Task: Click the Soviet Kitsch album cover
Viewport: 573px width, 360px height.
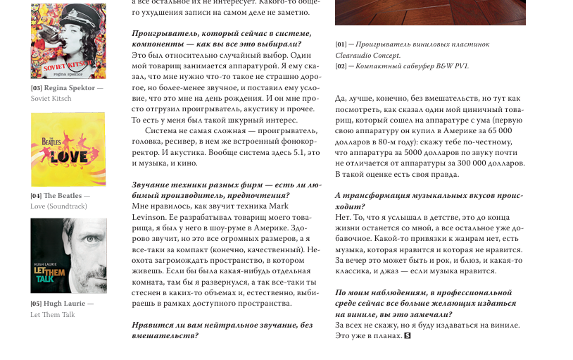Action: click(x=68, y=41)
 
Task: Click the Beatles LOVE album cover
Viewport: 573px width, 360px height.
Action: click(x=68, y=149)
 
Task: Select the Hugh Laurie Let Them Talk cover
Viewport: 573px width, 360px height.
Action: click(x=68, y=256)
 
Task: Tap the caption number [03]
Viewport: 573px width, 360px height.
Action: click(x=37, y=88)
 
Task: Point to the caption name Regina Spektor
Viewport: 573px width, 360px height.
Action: click(x=69, y=88)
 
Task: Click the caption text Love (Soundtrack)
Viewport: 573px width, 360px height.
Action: click(x=58, y=206)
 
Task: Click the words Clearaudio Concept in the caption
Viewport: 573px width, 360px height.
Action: click(x=367, y=55)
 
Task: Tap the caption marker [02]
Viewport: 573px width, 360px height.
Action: click(x=341, y=66)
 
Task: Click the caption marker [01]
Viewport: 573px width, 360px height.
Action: click(x=341, y=44)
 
